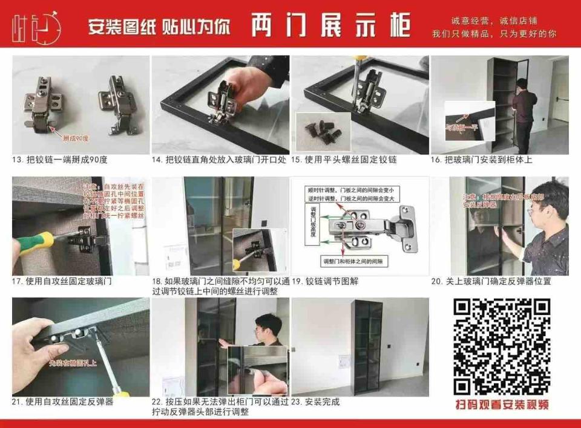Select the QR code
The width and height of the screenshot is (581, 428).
pyautogui.click(x=502, y=347)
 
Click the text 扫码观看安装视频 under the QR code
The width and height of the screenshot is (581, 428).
pyautogui.click(x=502, y=404)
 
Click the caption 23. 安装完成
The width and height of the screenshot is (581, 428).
pyautogui.click(x=315, y=402)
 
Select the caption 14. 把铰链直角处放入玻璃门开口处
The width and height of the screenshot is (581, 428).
pyautogui.click(x=219, y=160)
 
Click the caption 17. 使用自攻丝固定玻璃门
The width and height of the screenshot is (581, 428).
pyautogui.click(x=62, y=282)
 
